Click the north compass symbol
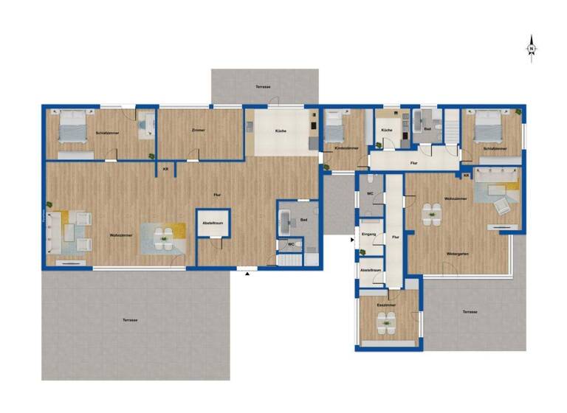532,48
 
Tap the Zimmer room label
198,130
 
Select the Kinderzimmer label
345,147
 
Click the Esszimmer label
386,304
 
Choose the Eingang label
369,234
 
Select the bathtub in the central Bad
286,219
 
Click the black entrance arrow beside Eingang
351,239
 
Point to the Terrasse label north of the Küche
263,87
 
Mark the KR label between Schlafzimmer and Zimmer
165,169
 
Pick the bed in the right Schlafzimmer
488,126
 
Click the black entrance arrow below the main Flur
247,273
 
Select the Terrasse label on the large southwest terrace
131,320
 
